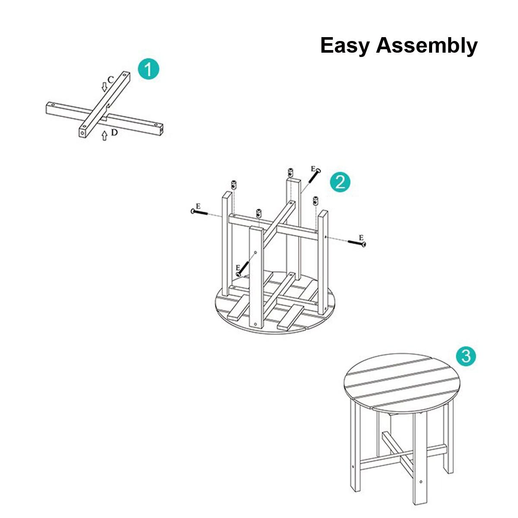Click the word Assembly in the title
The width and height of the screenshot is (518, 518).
click(427, 46)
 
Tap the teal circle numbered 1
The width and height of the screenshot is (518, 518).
click(148, 69)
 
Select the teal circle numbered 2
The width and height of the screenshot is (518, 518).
click(340, 182)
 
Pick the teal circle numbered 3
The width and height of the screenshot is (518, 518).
click(466, 356)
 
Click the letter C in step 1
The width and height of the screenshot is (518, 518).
click(111, 79)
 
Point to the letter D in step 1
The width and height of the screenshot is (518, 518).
click(114, 133)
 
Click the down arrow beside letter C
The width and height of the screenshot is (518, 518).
click(104, 87)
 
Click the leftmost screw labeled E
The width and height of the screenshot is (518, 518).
click(199, 212)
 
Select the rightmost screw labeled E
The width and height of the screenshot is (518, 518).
click(357, 243)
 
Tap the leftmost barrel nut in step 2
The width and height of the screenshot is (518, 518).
click(234, 185)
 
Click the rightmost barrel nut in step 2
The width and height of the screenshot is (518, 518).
click(315, 201)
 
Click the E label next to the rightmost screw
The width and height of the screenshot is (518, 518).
click(361, 237)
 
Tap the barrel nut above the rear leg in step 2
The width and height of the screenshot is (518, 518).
click(291, 173)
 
